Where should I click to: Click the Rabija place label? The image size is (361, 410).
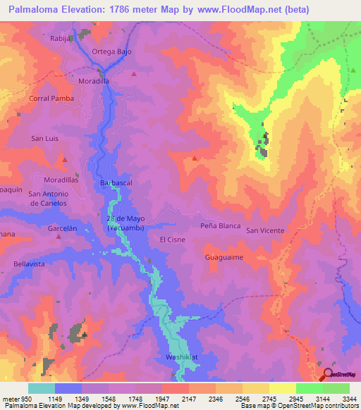(61, 39)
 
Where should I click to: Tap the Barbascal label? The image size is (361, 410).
(116, 182)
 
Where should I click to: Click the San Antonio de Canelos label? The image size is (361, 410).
(49, 199)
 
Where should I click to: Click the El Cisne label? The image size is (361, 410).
(172, 240)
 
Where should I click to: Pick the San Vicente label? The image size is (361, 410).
(265, 230)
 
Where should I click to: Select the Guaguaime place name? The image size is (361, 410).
(224, 257)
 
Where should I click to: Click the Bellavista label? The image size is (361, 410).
(29, 263)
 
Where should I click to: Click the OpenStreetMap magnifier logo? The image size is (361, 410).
(326, 375)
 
